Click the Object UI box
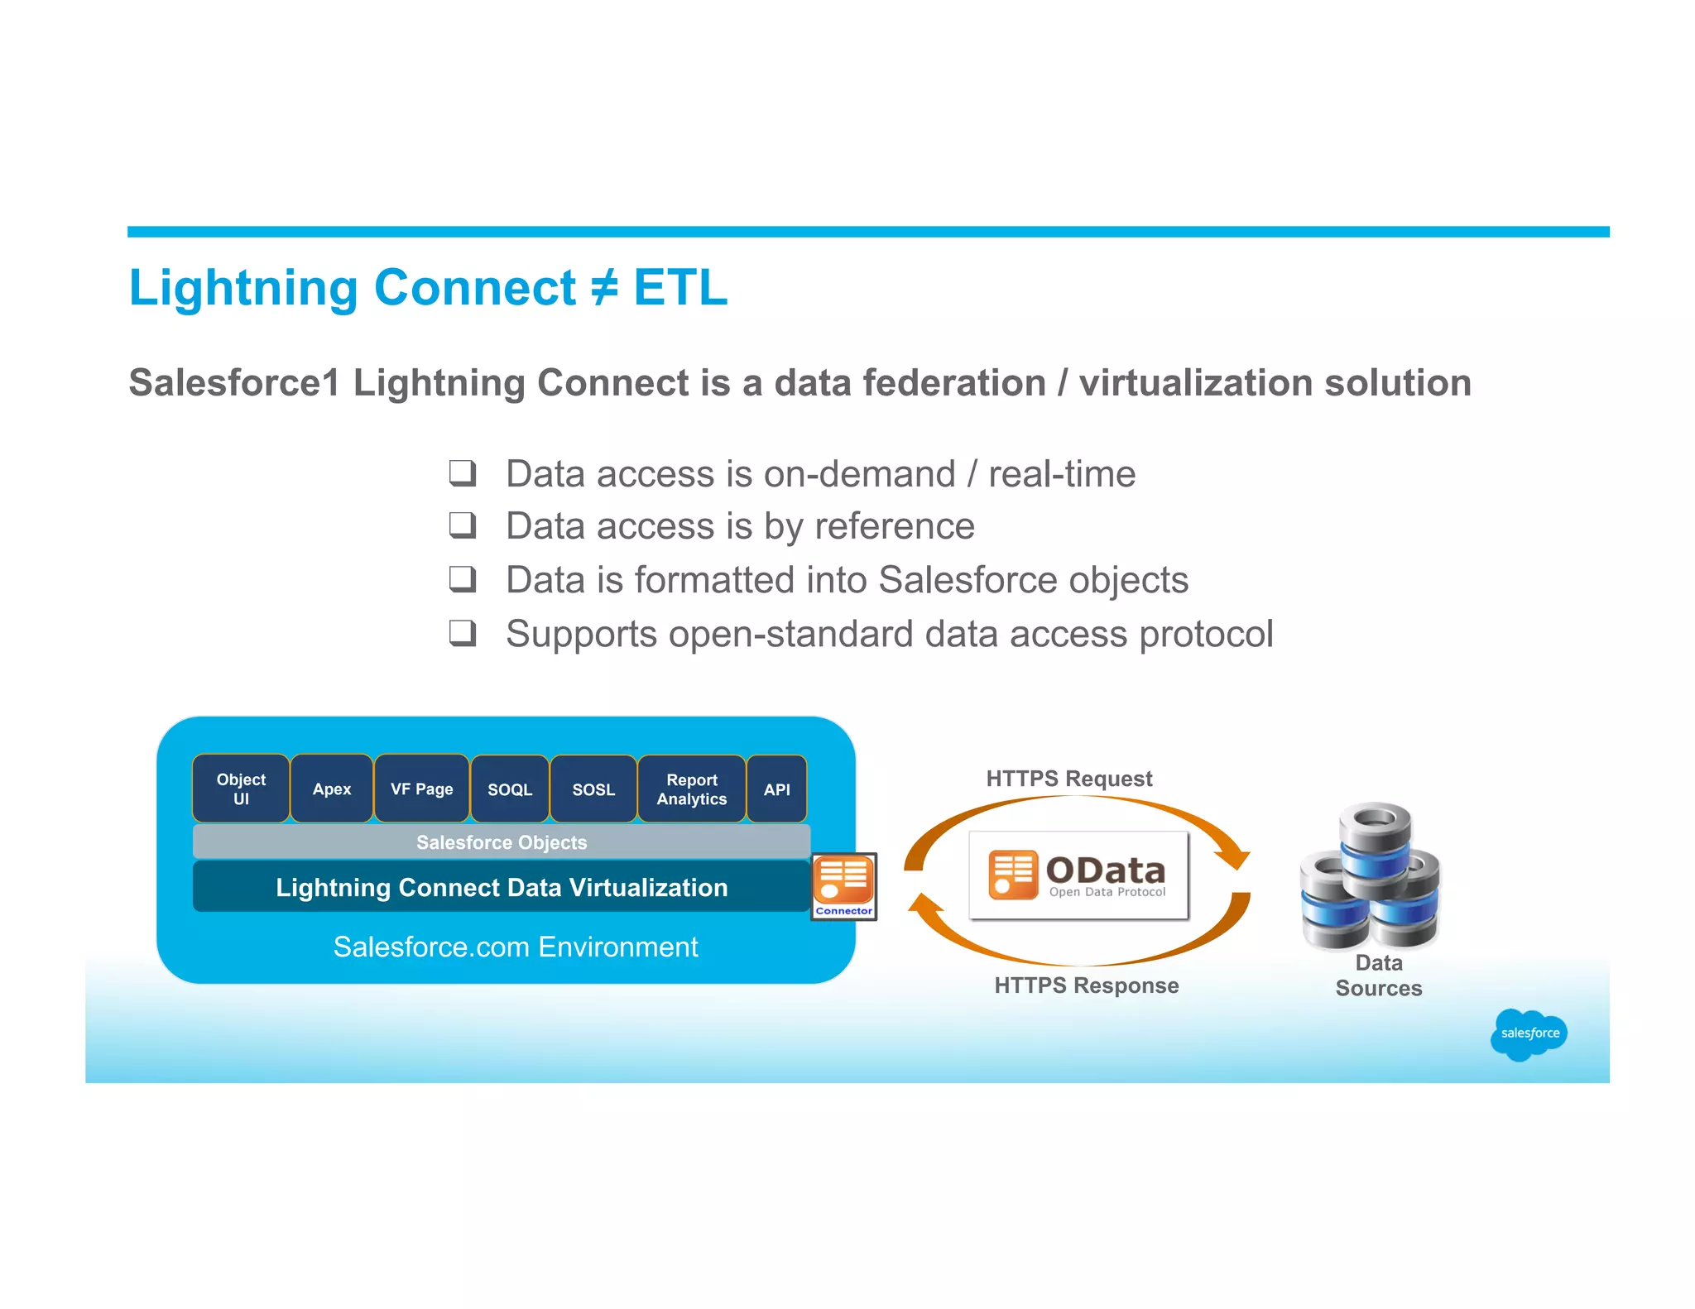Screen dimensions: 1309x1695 (x=241, y=789)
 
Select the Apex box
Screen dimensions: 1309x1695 (x=332, y=789)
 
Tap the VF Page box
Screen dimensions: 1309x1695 (x=422, y=789)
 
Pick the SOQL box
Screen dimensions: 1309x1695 (x=510, y=789)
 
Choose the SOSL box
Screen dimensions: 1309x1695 (x=593, y=789)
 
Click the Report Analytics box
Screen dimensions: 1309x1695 (x=692, y=789)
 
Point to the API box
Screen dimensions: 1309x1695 (x=776, y=789)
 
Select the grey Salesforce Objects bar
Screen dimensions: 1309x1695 (x=502, y=842)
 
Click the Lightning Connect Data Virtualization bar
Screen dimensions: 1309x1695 (x=502, y=887)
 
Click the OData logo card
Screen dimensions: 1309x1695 (x=1078, y=875)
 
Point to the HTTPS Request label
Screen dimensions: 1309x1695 (x=1068, y=779)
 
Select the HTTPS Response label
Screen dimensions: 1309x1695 (x=1086, y=985)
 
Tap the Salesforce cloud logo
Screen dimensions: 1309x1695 (x=1529, y=1033)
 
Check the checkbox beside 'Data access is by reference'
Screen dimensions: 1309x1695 (x=462, y=525)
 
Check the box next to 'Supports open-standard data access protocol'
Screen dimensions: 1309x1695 (x=462, y=633)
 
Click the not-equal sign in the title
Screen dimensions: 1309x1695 (x=604, y=287)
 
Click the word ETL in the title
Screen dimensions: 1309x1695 (x=680, y=287)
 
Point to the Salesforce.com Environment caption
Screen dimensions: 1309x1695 (x=516, y=947)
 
